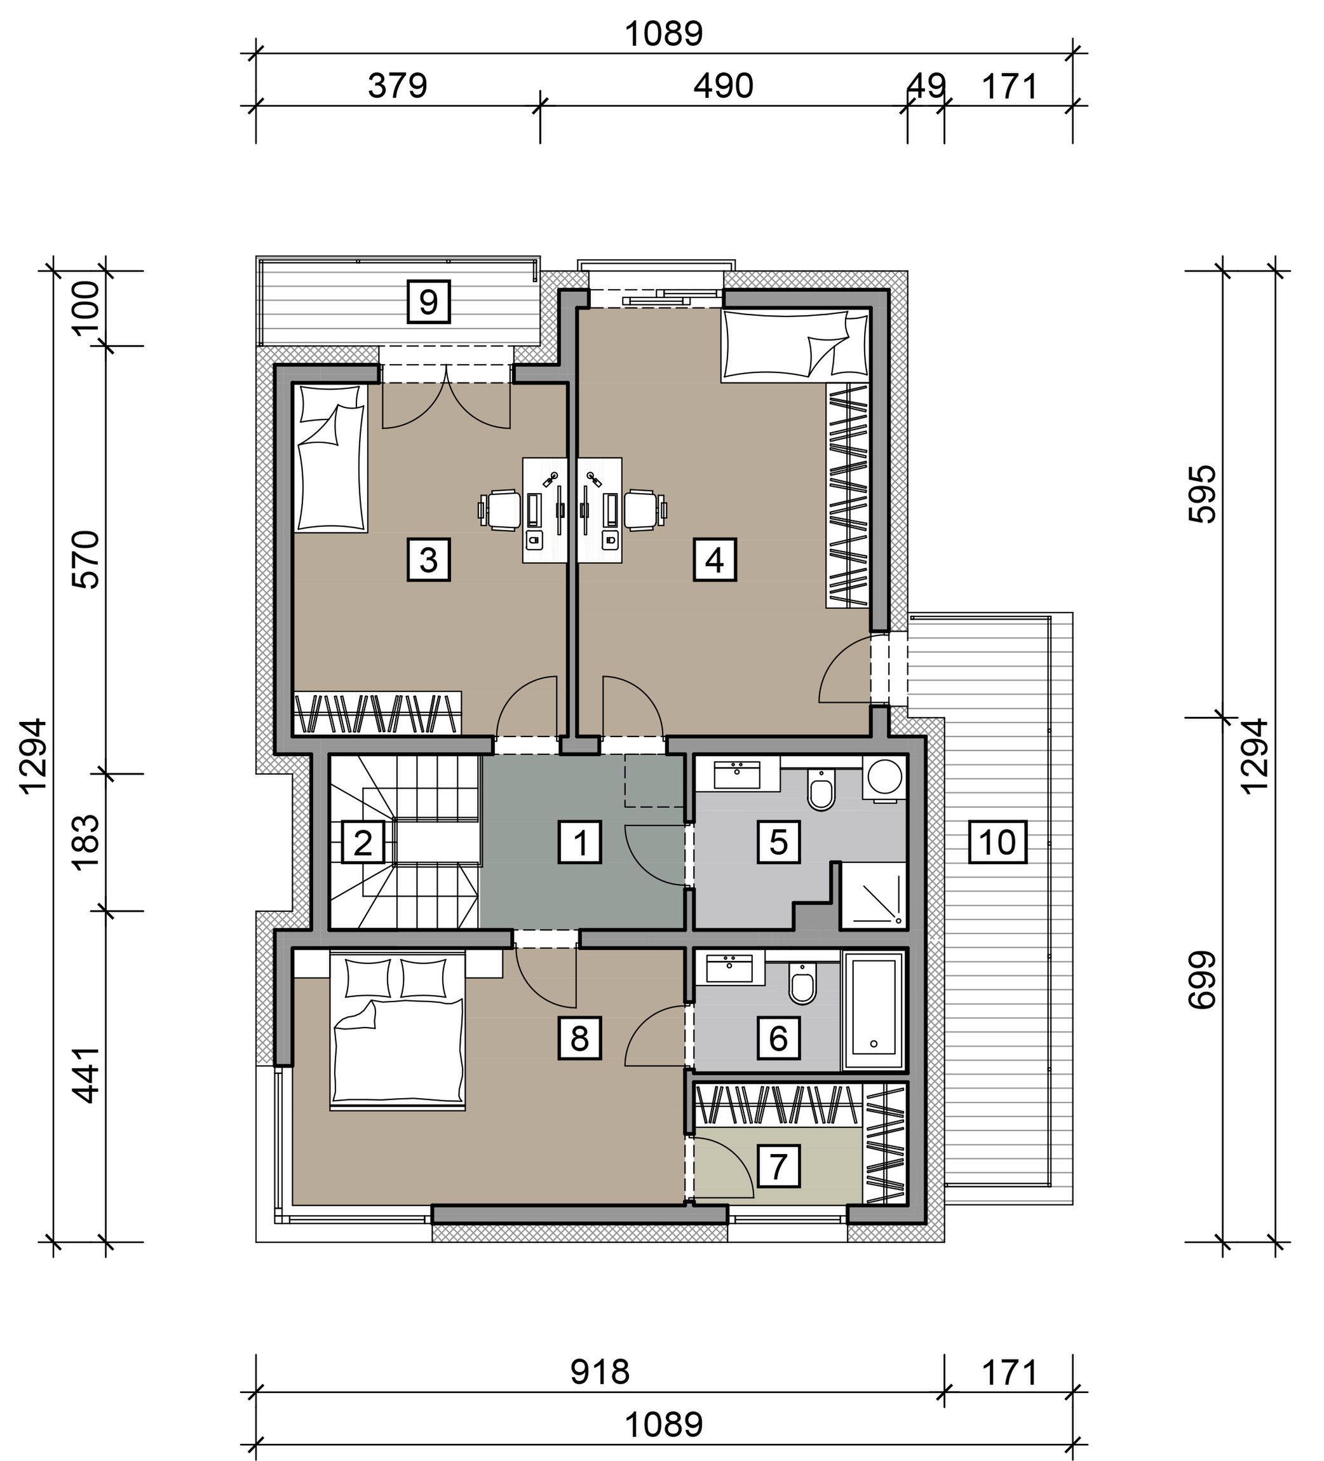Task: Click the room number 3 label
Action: click(428, 559)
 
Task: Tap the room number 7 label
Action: click(778, 1166)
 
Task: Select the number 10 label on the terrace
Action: click(997, 841)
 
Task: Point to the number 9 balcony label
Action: click(428, 301)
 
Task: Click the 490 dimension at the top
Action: click(723, 86)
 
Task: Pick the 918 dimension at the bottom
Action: click(600, 1372)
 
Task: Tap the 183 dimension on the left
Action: click(86, 841)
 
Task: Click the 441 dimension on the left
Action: click(86, 1075)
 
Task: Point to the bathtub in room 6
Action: click(874, 1011)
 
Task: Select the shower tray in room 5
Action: click(872, 895)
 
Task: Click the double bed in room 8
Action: click(397, 1031)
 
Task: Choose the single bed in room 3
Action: click(330, 458)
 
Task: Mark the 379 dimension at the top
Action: click(397, 86)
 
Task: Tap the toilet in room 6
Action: click(802, 982)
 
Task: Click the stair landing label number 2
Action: click(362, 841)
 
